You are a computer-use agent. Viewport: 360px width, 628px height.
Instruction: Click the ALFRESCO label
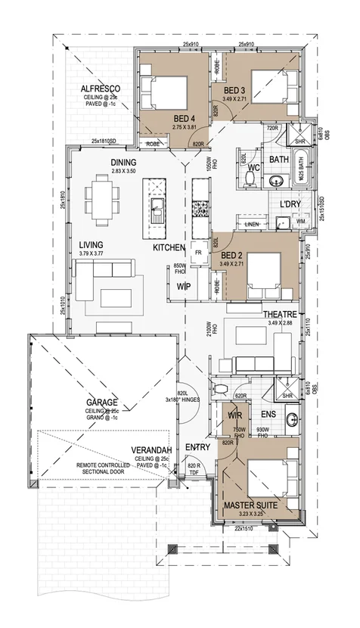click(100, 89)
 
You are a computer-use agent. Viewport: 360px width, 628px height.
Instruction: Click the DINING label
click(123, 163)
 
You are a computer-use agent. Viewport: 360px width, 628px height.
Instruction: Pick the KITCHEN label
click(169, 248)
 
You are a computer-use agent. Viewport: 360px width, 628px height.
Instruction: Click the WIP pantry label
click(183, 287)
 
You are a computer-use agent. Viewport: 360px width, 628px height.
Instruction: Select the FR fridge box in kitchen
click(199, 253)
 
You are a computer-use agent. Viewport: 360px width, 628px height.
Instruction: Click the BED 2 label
click(231, 256)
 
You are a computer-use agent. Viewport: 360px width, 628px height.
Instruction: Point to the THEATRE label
click(278, 314)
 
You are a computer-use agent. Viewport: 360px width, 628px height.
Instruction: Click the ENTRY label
click(197, 447)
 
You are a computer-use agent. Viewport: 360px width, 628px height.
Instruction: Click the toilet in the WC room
click(249, 179)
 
